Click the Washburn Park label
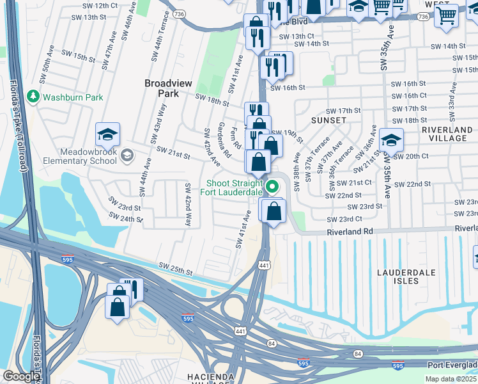click(x=72, y=98)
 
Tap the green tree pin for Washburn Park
click(x=33, y=97)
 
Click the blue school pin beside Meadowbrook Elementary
click(x=107, y=135)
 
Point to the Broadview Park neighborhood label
click(x=167, y=88)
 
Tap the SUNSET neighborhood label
click(x=328, y=120)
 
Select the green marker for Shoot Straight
click(x=273, y=187)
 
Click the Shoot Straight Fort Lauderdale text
click(x=231, y=187)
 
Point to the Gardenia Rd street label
click(x=224, y=140)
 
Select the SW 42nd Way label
click(x=188, y=205)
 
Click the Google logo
click(x=20, y=377)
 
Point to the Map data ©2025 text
click(x=451, y=379)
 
